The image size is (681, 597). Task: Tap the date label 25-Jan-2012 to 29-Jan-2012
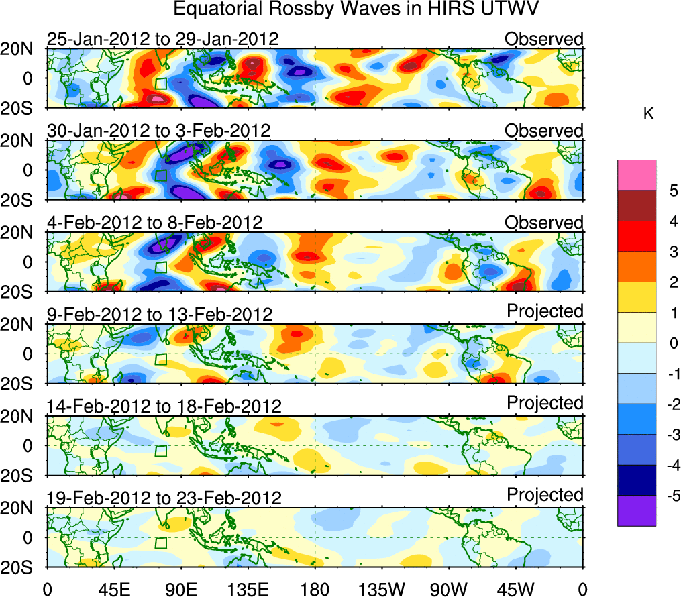tap(162, 39)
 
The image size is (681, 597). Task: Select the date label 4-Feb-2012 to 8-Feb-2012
tap(154, 223)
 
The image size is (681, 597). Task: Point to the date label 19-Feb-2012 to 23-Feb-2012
tap(164, 498)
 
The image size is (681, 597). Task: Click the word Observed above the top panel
tap(543, 39)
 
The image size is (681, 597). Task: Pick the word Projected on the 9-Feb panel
tap(545, 311)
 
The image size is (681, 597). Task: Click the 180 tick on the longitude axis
tap(315, 589)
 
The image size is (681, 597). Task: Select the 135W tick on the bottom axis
tap(382, 589)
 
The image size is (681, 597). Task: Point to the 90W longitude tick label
tap(449, 589)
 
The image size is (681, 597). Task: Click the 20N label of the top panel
tap(21, 48)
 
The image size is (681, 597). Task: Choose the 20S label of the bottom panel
tap(21, 567)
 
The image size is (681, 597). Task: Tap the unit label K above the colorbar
tap(648, 115)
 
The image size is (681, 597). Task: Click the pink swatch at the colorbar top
tap(636, 176)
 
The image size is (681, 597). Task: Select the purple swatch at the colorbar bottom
tap(636, 511)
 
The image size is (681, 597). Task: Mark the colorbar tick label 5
tap(672, 191)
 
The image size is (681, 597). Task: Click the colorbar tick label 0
tap(672, 343)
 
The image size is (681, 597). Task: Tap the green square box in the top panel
tap(160, 84)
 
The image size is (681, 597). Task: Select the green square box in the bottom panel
tap(160, 543)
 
